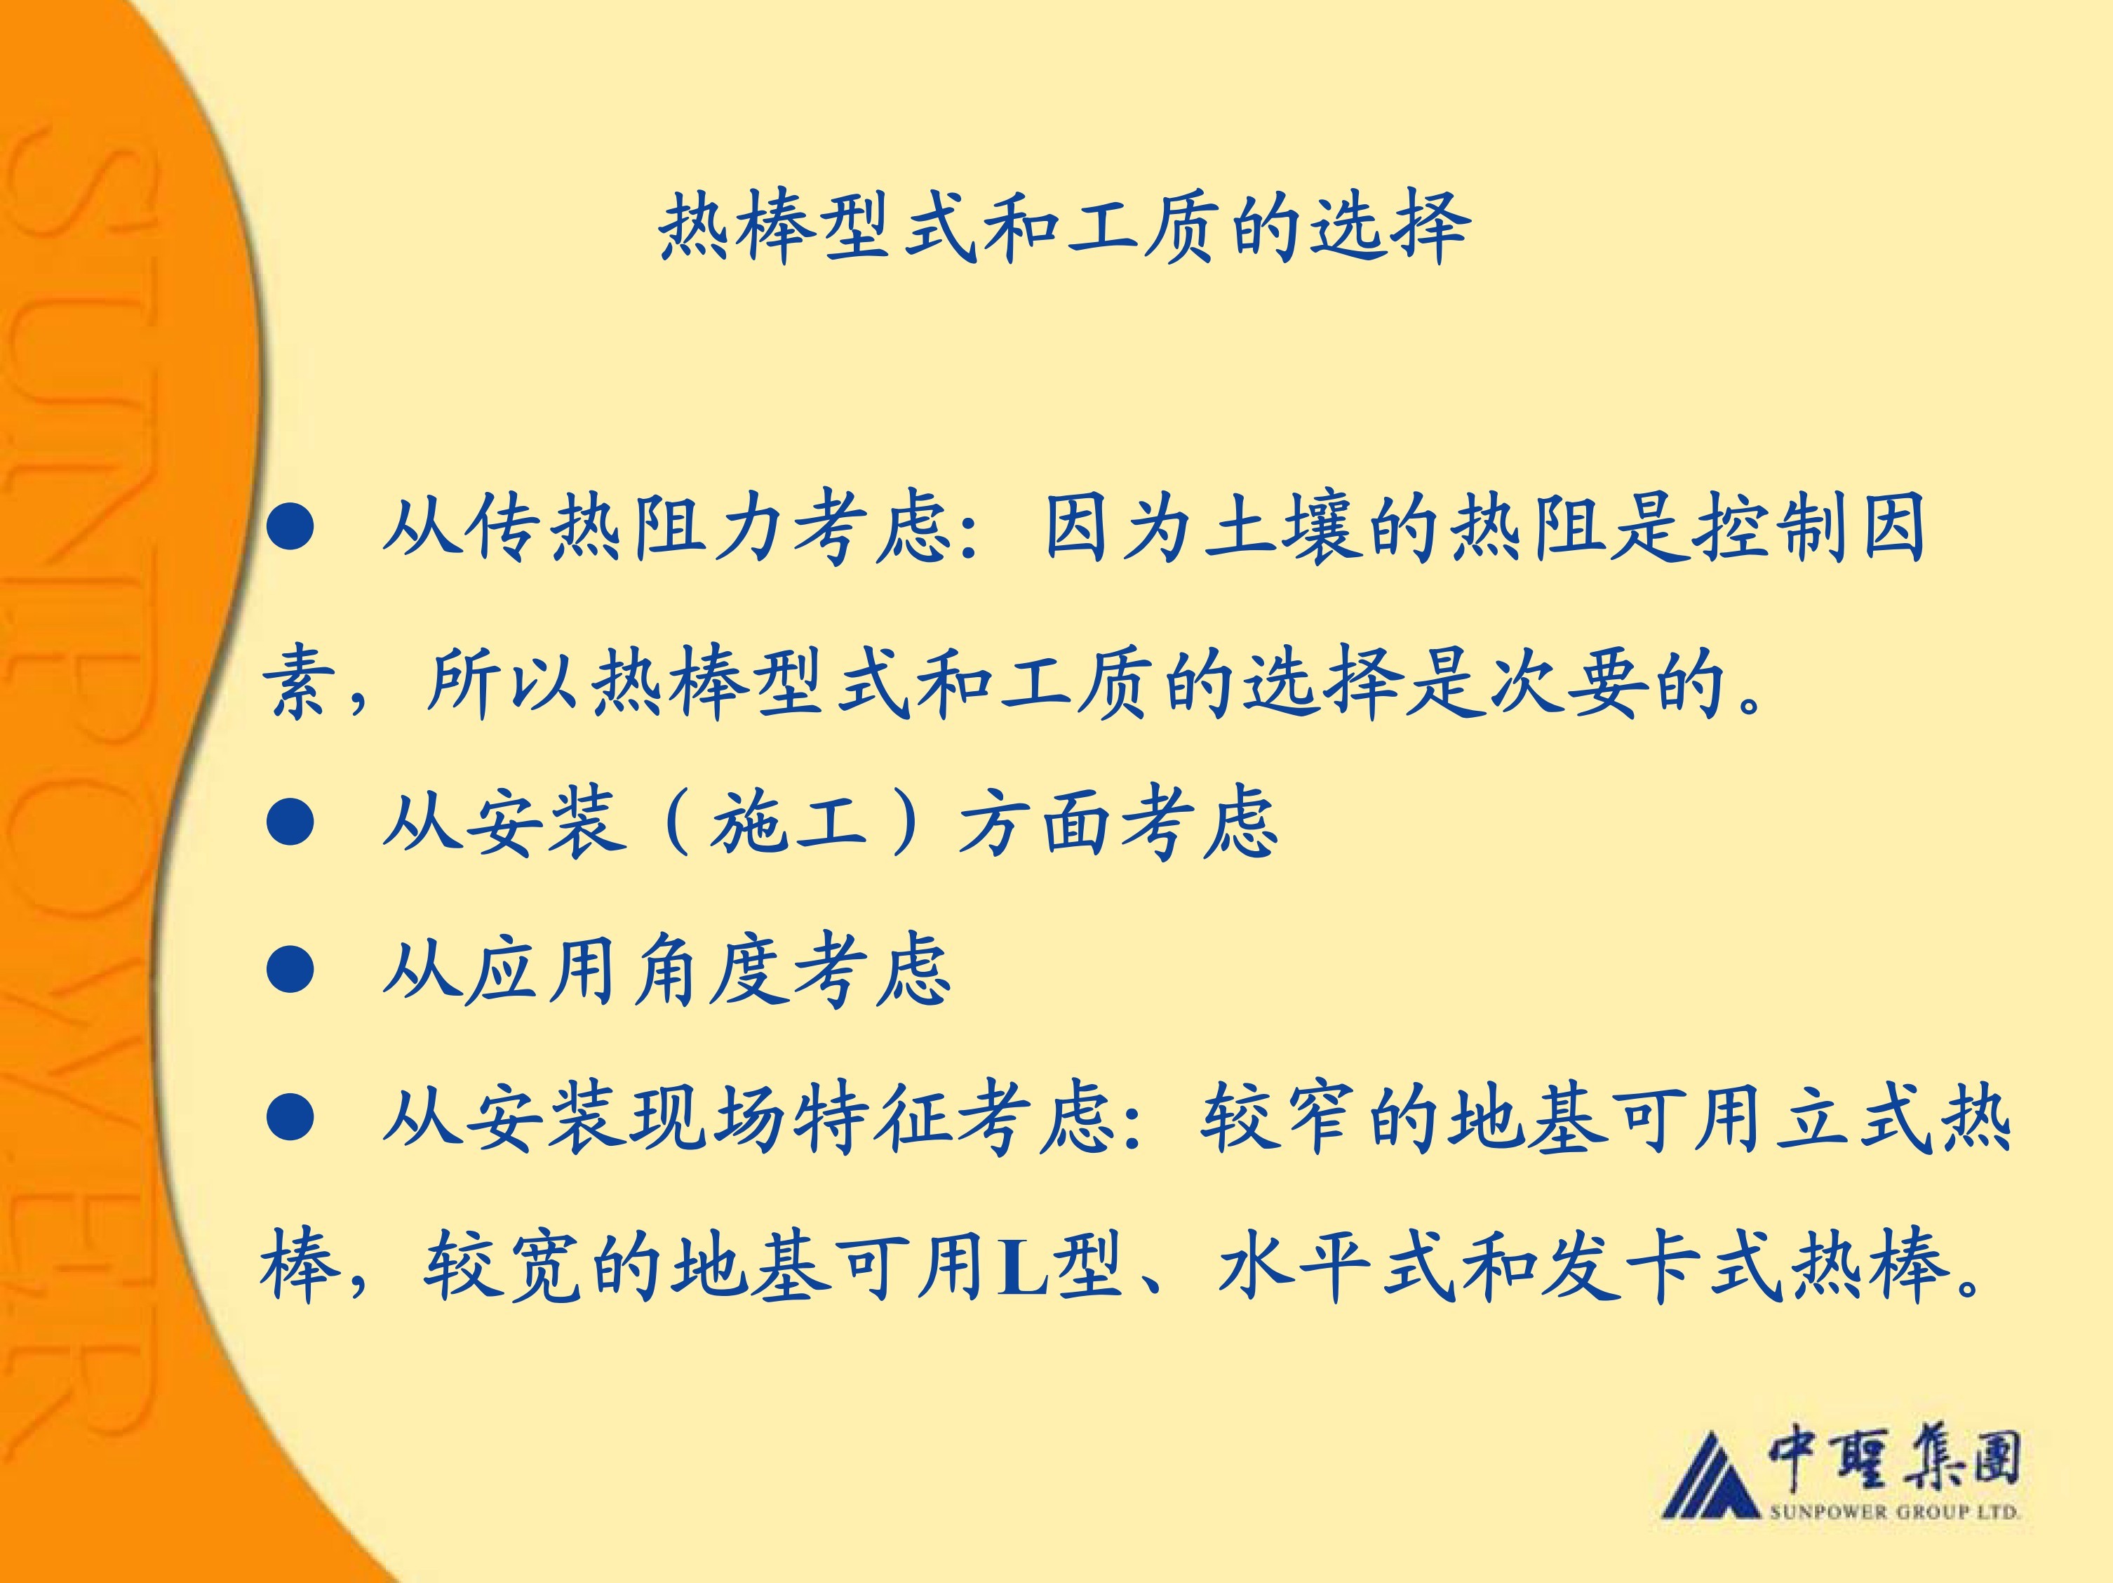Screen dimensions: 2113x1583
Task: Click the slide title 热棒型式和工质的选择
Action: pos(1064,227)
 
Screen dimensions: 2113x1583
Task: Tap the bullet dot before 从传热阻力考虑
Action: pos(290,528)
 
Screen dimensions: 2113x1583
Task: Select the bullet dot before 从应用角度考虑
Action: pos(290,970)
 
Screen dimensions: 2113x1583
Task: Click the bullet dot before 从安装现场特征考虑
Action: pos(290,1117)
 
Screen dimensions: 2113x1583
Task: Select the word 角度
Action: pos(711,970)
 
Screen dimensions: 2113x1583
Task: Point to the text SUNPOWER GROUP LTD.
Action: pos(1894,1512)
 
